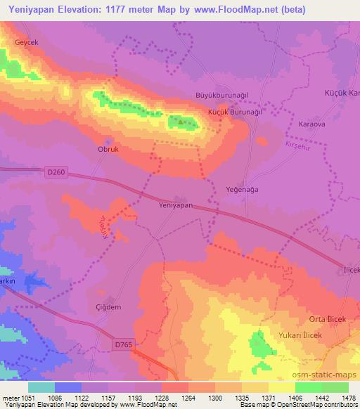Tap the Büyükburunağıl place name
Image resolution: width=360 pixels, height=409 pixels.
[x=221, y=96]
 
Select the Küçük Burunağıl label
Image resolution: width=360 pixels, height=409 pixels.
[x=235, y=112]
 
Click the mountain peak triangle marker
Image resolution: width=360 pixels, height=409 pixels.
[x=181, y=122]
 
